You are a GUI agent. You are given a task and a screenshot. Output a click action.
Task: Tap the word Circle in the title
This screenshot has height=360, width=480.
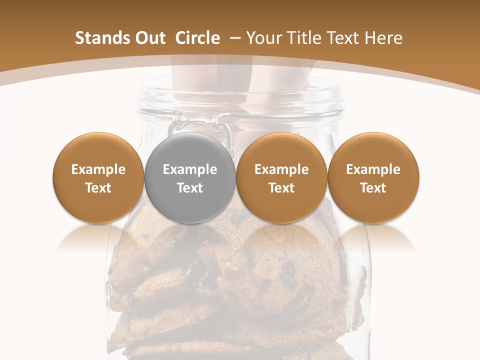[x=197, y=38]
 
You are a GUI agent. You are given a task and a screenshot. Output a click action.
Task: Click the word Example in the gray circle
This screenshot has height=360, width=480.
[x=190, y=169]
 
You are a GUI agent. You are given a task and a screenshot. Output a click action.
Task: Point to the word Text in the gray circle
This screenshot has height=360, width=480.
[x=190, y=188]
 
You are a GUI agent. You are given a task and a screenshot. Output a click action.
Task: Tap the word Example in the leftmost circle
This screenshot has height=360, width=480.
[x=98, y=169]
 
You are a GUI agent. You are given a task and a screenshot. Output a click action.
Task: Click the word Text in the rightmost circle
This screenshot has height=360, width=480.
[x=373, y=188]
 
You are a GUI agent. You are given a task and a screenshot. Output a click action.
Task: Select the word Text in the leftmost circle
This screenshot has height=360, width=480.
[x=98, y=188]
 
